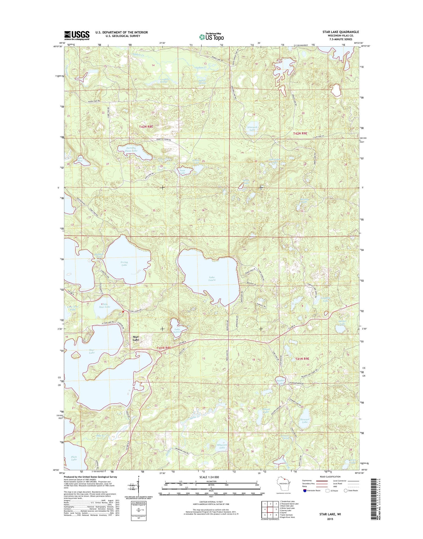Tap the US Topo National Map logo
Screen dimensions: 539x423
pos(211,37)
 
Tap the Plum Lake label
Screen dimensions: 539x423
pos(74,458)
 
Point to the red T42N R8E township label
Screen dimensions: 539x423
pos(146,127)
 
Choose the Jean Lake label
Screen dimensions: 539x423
pos(183,171)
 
